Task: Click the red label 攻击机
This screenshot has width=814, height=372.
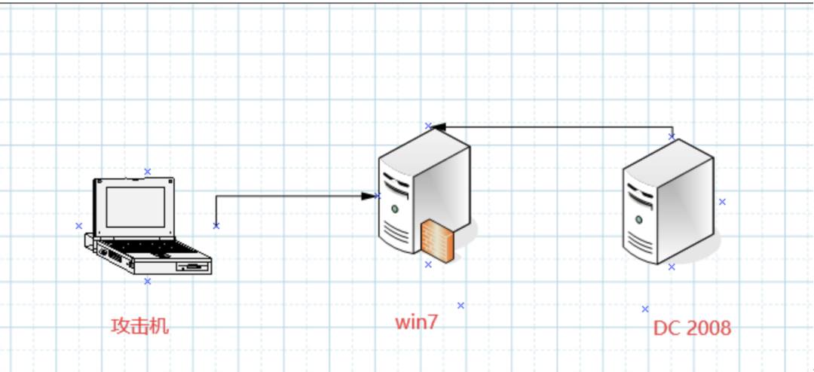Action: pyautogui.click(x=140, y=326)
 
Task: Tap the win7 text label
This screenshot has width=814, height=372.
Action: pyautogui.click(x=416, y=322)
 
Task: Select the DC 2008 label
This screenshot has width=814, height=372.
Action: pyautogui.click(x=692, y=328)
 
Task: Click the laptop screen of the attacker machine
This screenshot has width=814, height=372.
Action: pyautogui.click(x=135, y=205)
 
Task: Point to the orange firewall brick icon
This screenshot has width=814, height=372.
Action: pyautogui.click(x=438, y=241)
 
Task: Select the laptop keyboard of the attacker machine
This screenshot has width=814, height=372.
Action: pyautogui.click(x=139, y=248)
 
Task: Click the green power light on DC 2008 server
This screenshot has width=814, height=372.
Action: pyautogui.click(x=638, y=219)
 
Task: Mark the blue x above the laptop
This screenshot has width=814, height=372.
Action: pyautogui.click(x=148, y=172)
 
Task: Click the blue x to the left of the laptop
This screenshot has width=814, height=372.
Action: pyautogui.click(x=78, y=226)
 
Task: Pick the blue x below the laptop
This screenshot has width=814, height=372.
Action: pyautogui.click(x=148, y=281)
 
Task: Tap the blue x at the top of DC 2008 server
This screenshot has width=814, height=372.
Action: pyautogui.click(x=672, y=136)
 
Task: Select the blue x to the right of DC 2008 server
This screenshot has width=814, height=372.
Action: pyautogui.click(x=722, y=202)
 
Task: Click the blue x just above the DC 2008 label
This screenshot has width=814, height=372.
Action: pyautogui.click(x=645, y=309)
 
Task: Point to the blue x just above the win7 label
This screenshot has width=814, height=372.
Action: pyautogui.click(x=461, y=305)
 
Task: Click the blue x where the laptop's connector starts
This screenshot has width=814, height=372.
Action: pyautogui.click(x=216, y=225)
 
